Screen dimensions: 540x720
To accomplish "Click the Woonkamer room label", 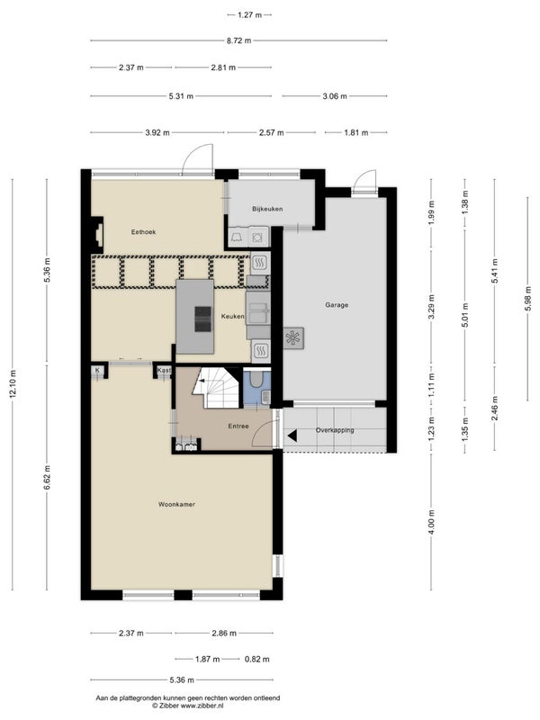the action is click(176, 504).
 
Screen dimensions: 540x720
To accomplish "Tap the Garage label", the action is click(337, 305).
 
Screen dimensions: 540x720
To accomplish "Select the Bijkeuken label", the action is click(267, 209).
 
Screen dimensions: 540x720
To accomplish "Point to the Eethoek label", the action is click(143, 232).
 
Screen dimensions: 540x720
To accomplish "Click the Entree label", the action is click(238, 426).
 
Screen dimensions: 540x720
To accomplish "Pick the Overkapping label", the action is click(335, 430).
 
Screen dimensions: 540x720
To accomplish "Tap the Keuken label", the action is click(233, 317).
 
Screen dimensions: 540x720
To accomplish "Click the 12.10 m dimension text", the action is click(13, 383).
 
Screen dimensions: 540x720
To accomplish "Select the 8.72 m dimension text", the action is click(238, 40).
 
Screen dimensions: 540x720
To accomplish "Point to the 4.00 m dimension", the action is click(431, 522).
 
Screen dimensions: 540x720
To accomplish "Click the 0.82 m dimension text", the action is click(257, 659).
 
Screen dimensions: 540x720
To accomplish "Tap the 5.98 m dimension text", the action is click(528, 299).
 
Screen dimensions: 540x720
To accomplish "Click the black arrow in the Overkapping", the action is click(292, 436).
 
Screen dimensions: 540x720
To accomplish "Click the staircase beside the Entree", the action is click(216, 388).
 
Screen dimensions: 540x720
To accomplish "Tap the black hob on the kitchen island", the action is click(202, 319).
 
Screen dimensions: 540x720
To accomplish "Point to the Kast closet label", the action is click(164, 370).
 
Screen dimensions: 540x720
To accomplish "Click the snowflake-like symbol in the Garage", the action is click(293, 338).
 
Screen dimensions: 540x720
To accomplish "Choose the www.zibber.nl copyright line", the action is click(188, 705).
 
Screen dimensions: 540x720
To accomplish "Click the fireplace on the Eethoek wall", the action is click(97, 235).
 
